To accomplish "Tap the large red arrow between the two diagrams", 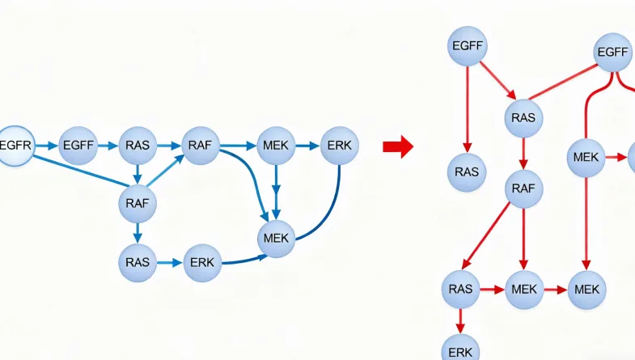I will (x=398, y=146).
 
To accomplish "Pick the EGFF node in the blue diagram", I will (x=78, y=146).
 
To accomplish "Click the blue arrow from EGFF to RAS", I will (x=108, y=146).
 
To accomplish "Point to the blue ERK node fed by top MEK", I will (x=339, y=146).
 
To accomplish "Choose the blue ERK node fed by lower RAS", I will (x=202, y=263).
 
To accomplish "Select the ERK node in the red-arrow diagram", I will (x=461, y=350).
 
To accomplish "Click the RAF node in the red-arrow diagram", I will (x=523, y=189).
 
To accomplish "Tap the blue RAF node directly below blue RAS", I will (x=138, y=203).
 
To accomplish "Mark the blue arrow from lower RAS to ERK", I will (x=169, y=263).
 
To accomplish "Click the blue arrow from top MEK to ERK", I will (x=307, y=146).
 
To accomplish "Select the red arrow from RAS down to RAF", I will (x=523, y=154).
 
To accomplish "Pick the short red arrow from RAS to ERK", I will (x=461, y=320).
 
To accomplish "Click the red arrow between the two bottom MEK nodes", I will (x=556, y=289).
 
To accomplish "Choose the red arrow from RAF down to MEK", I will (x=523, y=239).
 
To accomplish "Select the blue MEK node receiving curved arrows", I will (x=277, y=239).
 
